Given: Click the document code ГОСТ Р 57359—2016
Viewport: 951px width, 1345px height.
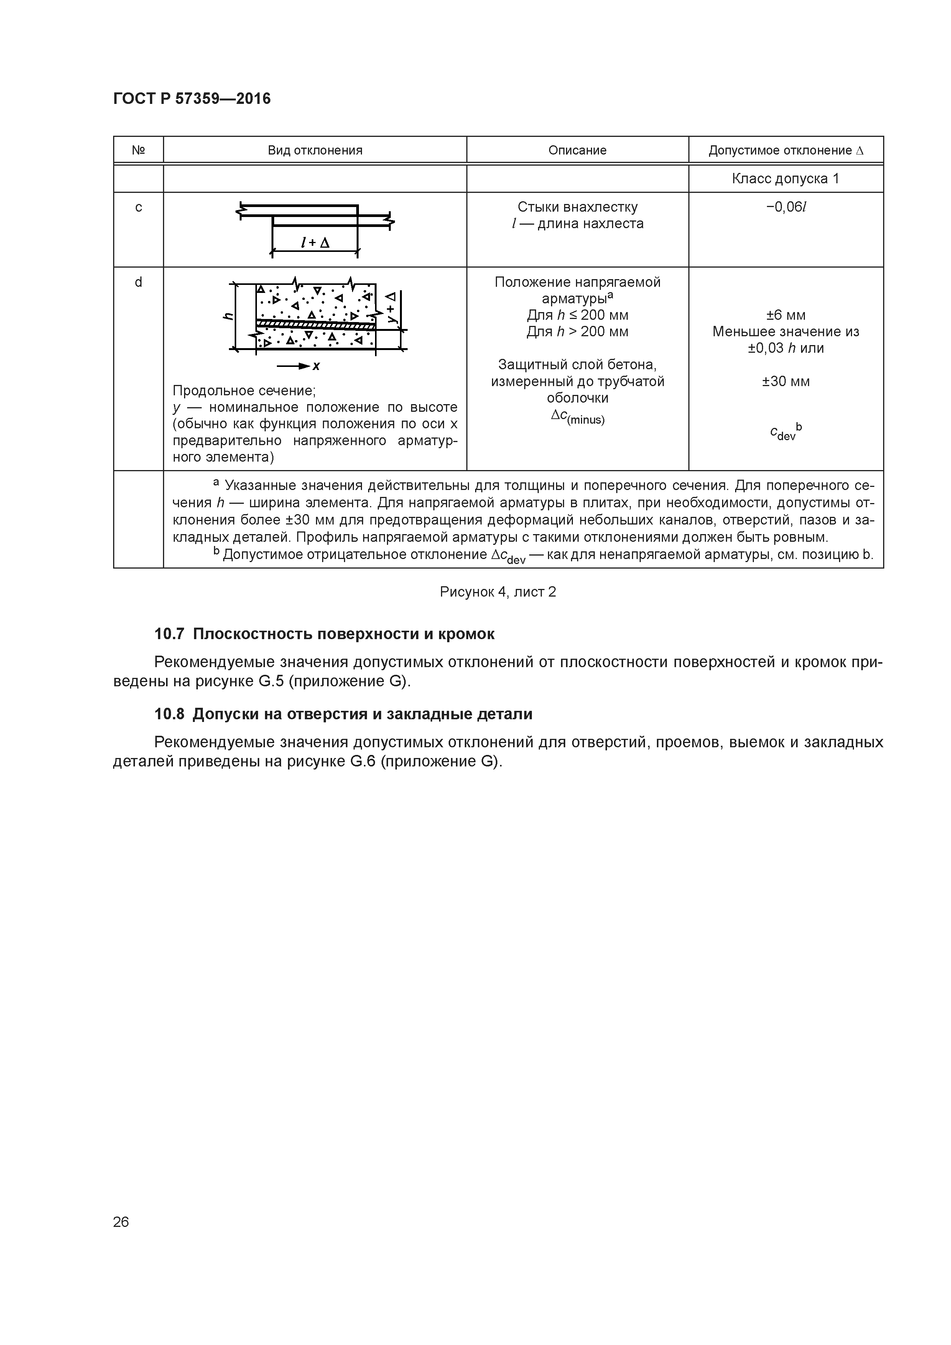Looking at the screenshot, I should (x=192, y=99).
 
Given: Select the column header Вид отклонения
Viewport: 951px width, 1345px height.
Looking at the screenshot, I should (x=315, y=151).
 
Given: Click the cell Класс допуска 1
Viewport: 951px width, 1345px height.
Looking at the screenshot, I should (x=785, y=179).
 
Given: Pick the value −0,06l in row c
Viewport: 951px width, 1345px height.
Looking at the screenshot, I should (x=786, y=207).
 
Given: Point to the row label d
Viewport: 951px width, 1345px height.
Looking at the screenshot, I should (x=138, y=282).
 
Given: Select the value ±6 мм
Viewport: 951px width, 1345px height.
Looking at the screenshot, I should (x=786, y=315).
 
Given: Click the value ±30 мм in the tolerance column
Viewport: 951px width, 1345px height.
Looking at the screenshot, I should (x=786, y=382).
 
